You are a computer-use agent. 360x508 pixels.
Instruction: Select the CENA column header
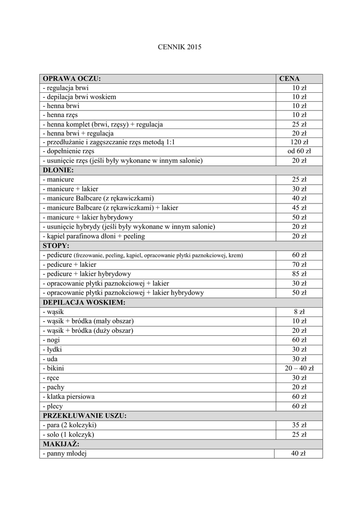tap(289, 78)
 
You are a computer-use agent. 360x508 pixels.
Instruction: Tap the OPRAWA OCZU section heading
tap(72, 78)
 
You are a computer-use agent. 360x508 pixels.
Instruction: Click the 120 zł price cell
tap(299, 142)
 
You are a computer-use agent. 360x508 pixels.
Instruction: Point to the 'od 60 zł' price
tap(299, 151)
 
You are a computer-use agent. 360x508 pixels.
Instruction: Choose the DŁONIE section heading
tap(58, 170)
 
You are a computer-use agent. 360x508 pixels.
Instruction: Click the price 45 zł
tap(299, 208)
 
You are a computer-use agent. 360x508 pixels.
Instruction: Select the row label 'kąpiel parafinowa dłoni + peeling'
tap(94, 236)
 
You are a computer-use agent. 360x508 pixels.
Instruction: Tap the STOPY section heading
tap(56, 246)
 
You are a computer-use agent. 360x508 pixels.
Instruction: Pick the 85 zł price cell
tap(299, 274)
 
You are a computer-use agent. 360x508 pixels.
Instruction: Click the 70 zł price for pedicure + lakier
tap(299, 264)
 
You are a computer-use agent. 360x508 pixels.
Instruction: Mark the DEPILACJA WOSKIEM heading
tap(84, 302)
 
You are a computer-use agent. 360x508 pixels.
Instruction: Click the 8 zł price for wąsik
tap(299, 312)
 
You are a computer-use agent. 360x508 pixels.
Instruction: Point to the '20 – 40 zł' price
tap(299, 368)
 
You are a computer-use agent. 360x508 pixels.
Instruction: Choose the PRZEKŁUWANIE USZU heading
tap(84, 415)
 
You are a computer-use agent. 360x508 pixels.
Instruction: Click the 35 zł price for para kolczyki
tap(299, 425)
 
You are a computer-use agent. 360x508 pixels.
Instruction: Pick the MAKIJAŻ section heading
tap(61, 444)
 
